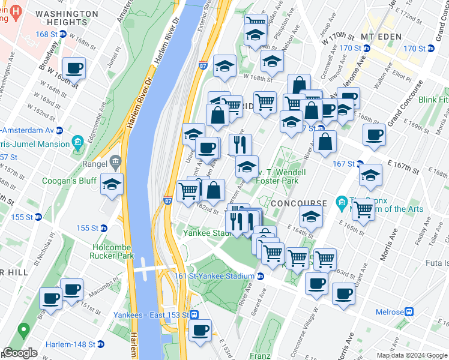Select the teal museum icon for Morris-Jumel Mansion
[x=77, y=143]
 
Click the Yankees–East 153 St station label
[x=152, y=315]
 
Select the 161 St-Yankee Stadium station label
[x=215, y=276]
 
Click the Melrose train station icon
[x=409, y=312]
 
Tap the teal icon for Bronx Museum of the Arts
[x=342, y=202]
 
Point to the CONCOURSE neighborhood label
[x=298, y=204]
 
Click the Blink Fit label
[x=433, y=99]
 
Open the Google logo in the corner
[x=20, y=353]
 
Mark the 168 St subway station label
[x=48, y=34]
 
